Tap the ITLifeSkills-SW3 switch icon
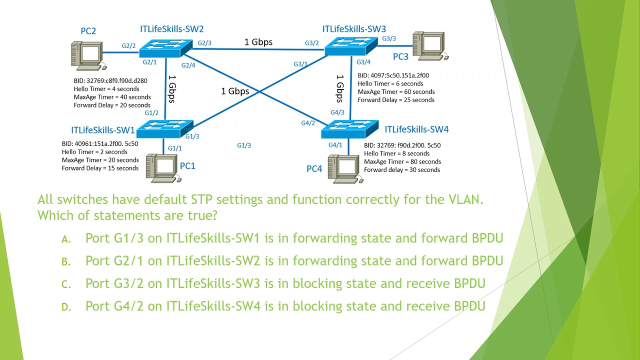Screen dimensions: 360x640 click(x=351, y=46)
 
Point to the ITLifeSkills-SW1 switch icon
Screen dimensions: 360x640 click(x=164, y=129)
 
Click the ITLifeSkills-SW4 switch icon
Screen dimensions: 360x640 click(x=349, y=129)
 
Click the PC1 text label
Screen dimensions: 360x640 click(x=187, y=165)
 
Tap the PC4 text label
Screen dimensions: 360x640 click(x=314, y=169)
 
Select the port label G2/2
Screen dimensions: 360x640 click(x=128, y=46)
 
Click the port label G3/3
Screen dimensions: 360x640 click(x=389, y=38)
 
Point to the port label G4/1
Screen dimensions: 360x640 click(x=335, y=145)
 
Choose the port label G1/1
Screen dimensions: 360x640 click(x=174, y=148)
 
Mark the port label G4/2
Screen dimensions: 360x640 click(x=308, y=123)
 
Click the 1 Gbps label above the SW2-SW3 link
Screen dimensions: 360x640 click(x=258, y=42)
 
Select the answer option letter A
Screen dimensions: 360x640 click(x=66, y=239)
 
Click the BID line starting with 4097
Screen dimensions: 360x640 click(x=393, y=75)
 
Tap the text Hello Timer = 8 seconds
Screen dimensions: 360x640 click(x=396, y=153)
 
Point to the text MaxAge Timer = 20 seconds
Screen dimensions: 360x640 click(x=100, y=160)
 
